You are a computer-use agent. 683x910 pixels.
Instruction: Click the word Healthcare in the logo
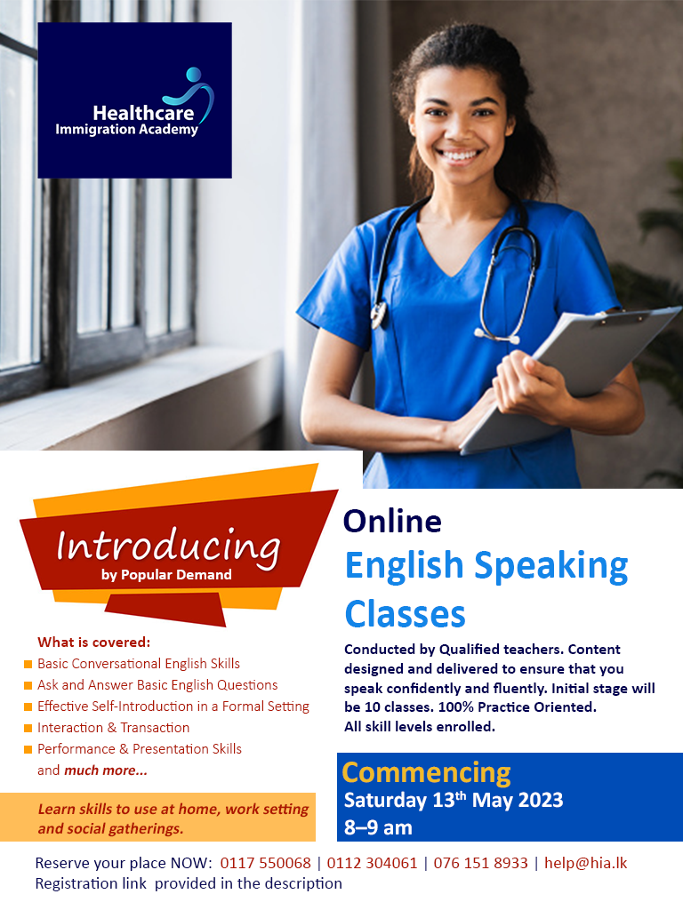point(143,113)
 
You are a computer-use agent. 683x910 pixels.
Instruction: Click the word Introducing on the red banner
point(168,547)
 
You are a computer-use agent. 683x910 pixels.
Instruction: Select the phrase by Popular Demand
point(166,575)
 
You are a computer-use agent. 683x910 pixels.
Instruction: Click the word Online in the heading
point(392,521)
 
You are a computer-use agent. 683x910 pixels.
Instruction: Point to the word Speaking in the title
point(551,566)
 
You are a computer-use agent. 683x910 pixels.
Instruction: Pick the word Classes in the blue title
point(405,614)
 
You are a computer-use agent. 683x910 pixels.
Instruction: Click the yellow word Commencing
point(426,772)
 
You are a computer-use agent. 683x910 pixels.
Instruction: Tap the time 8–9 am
point(378,827)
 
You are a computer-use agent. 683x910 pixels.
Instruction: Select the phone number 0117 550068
point(265,863)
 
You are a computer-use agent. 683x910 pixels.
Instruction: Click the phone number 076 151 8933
point(480,863)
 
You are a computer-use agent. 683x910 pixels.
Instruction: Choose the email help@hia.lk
point(585,863)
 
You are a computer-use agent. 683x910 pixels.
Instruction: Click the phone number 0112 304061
point(372,863)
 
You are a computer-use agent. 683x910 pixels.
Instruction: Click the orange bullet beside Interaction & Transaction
point(28,728)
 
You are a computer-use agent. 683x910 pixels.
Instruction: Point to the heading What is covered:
point(94,642)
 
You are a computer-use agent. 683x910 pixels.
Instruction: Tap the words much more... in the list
point(106,770)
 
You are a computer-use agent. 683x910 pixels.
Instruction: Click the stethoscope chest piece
point(379,314)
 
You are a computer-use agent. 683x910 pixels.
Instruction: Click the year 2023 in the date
point(540,801)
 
